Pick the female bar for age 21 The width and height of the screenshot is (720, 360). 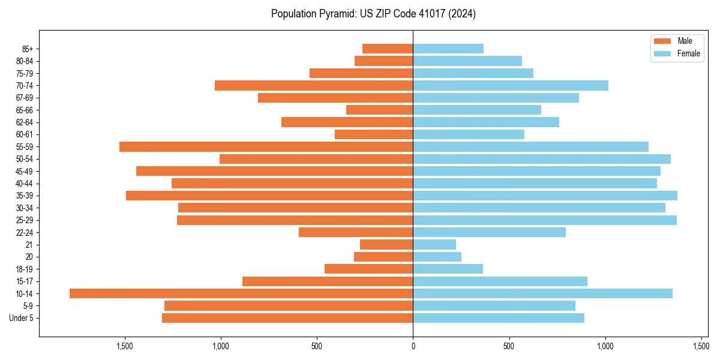click(434, 245)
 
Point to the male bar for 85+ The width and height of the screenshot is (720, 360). click(388, 49)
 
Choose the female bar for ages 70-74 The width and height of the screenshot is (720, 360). click(511, 85)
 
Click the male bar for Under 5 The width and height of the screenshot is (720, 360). click(287, 318)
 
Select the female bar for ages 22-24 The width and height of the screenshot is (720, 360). click(489, 232)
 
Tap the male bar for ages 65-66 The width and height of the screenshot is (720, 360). click(379, 110)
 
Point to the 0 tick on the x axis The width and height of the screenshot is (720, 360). click(413, 346)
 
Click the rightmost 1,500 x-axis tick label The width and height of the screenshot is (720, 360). click(701, 346)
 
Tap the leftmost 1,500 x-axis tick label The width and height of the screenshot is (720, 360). click(125, 346)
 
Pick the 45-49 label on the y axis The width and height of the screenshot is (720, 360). click(24, 171)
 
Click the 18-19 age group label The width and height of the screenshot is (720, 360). click(24, 269)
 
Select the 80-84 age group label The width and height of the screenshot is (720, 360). click(24, 61)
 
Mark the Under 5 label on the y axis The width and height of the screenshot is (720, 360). click(21, 318)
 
